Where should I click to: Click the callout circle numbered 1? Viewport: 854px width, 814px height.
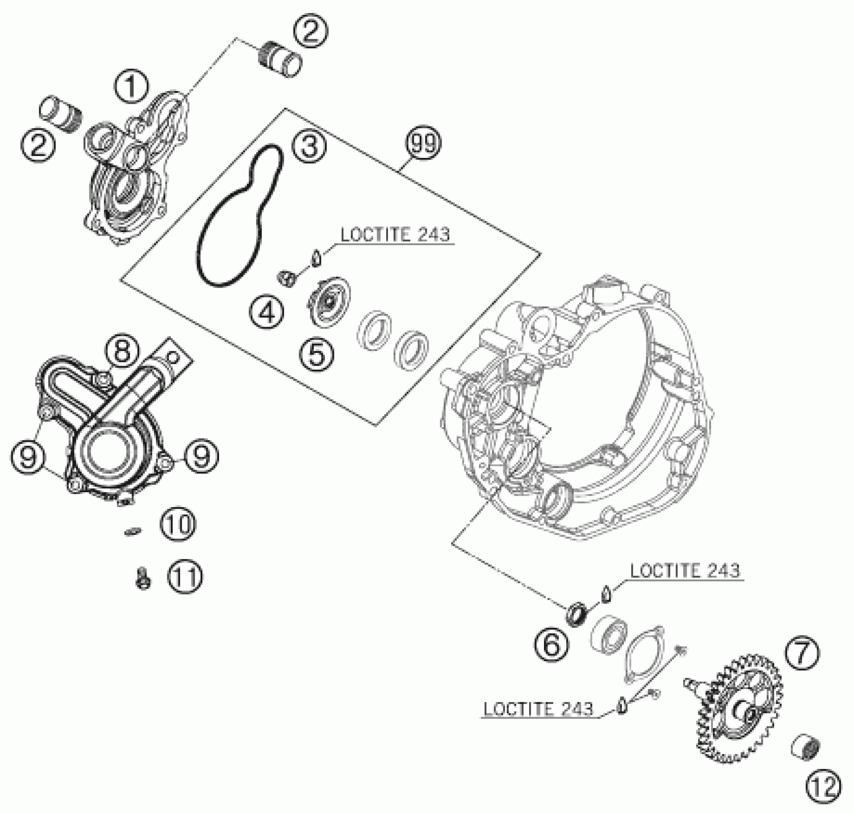pyautogui.click(x=131, y=86)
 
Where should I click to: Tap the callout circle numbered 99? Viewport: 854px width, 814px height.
pyautogui.click(x=423, y=143)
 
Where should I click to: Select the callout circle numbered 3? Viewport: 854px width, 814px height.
pyautogui.click(x=310, y=146)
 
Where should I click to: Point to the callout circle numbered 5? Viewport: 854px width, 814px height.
pyautogui.click(x=317, y=354)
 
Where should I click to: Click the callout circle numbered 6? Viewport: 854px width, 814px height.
pyautogui.click(x=552, y=644)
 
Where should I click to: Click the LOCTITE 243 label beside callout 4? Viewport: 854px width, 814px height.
pyautogui.click(x=395, y=235)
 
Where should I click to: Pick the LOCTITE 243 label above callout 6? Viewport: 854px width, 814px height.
pyautogui.click(x=685, y=571)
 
